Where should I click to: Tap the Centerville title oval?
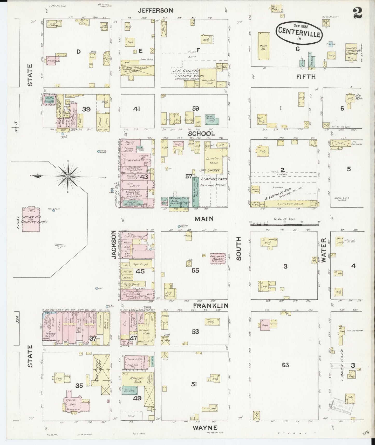click(299, 31)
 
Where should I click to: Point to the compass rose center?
click(68, 176)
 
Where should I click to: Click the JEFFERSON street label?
click(155, 10)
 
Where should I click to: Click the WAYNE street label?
click(205, 428)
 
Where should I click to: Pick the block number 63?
click(285, 365)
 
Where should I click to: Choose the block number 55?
click(195, 271)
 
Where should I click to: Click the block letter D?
click(78, 52)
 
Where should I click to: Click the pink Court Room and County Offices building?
click(31, 220)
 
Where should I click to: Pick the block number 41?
click(137, 109)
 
